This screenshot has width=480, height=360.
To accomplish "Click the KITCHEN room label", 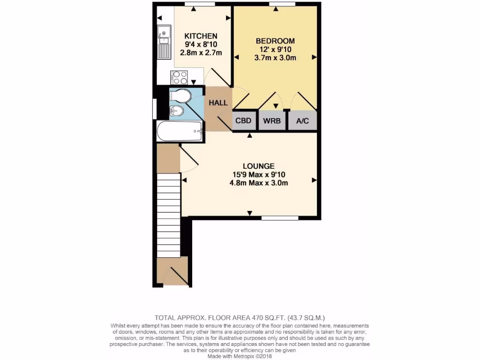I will [201, 36].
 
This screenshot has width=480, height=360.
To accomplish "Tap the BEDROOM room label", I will [275, 40].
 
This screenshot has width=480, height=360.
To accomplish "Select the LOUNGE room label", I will [258, 166].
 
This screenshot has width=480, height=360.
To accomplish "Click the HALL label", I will [218, 103].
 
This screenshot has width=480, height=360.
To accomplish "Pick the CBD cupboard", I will [244, 120].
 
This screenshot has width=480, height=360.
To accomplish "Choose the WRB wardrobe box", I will [272, 120].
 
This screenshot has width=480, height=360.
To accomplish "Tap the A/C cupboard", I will [303, 120].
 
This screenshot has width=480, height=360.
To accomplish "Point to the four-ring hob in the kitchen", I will [180, 76].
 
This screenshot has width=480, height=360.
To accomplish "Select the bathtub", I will [180, 131].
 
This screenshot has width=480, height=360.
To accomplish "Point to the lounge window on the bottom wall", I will [280, 218].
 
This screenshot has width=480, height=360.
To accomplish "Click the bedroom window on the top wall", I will [282, 4].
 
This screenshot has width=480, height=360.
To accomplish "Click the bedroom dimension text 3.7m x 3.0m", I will [275, 58].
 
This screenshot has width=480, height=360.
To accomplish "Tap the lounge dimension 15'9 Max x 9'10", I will [258, 174].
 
